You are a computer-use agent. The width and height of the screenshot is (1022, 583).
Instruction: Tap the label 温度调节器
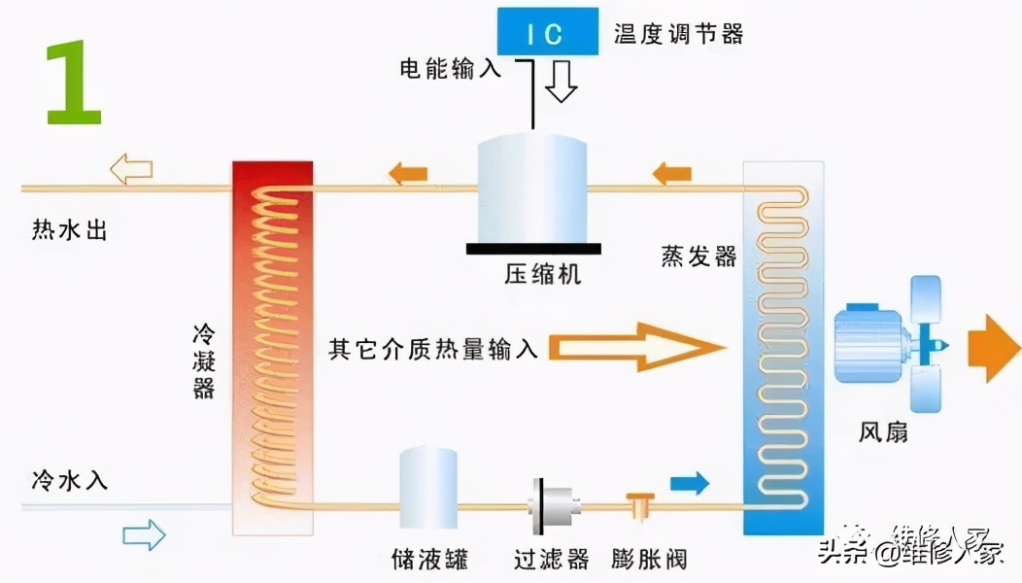pos(679,34)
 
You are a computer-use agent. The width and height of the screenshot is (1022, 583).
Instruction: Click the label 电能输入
pos(451,68)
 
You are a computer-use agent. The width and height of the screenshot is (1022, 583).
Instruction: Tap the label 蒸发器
pos(698,257)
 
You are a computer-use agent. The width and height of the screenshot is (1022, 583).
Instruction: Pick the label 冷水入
pos(69,479)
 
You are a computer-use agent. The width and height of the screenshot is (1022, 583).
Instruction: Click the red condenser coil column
pos(273,347)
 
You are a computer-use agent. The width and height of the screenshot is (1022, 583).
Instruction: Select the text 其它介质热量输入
pos(432,348)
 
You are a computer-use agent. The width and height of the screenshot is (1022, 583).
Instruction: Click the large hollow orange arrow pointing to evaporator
pos(640,347)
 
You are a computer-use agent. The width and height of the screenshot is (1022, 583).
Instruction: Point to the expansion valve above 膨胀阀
pos(639,505)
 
